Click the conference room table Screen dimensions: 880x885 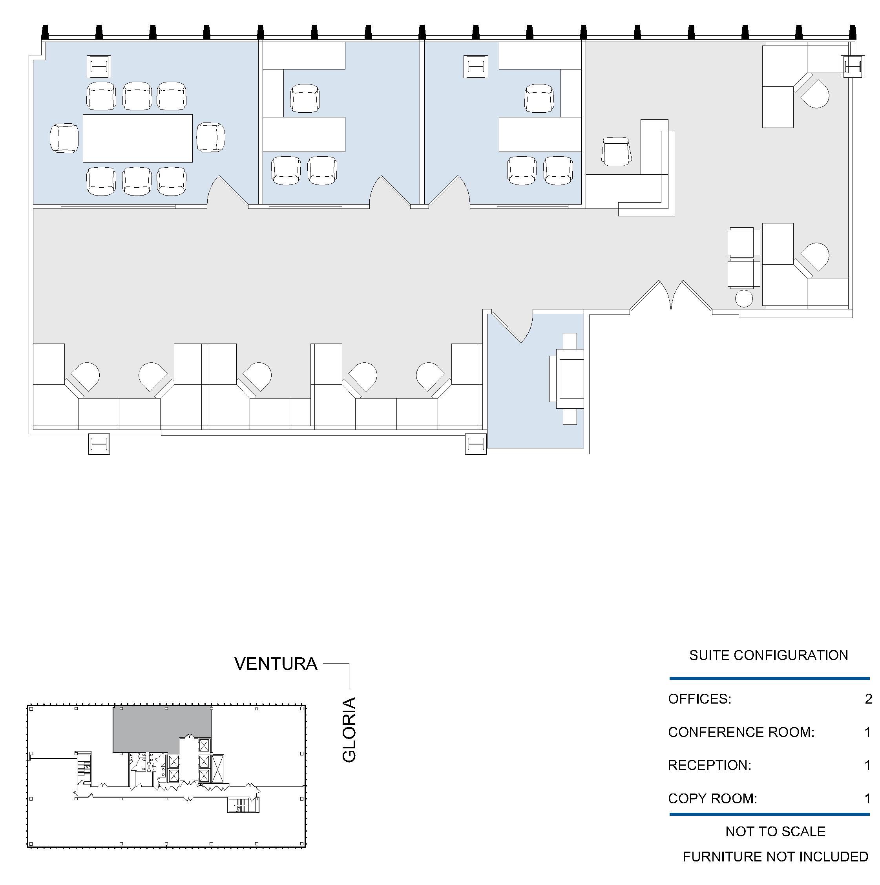137,138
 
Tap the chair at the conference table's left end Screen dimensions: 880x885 64,138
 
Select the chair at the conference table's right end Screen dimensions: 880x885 211,137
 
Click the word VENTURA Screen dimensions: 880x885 276,664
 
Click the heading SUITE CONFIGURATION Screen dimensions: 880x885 769,655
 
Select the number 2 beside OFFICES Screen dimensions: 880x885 868,698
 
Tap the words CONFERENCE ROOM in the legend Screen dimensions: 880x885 741,732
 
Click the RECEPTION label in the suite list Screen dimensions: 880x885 709,765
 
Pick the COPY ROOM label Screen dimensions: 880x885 712,799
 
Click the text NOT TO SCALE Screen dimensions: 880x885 775,832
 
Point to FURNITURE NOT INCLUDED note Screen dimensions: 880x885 775,857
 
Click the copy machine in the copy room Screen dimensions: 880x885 567,379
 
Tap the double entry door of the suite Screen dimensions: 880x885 671,295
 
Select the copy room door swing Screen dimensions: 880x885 512,327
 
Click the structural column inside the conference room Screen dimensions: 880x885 99,67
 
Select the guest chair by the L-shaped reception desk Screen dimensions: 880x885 616,152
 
